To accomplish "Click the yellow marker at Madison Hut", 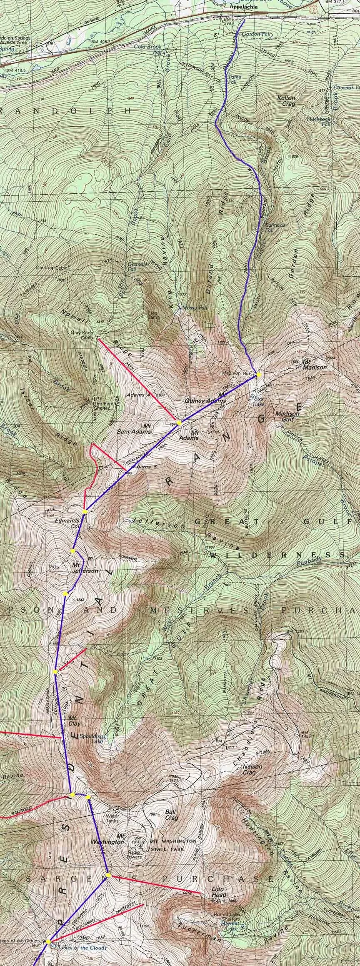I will point(259,374).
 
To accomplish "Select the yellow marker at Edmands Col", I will point(85,511).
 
